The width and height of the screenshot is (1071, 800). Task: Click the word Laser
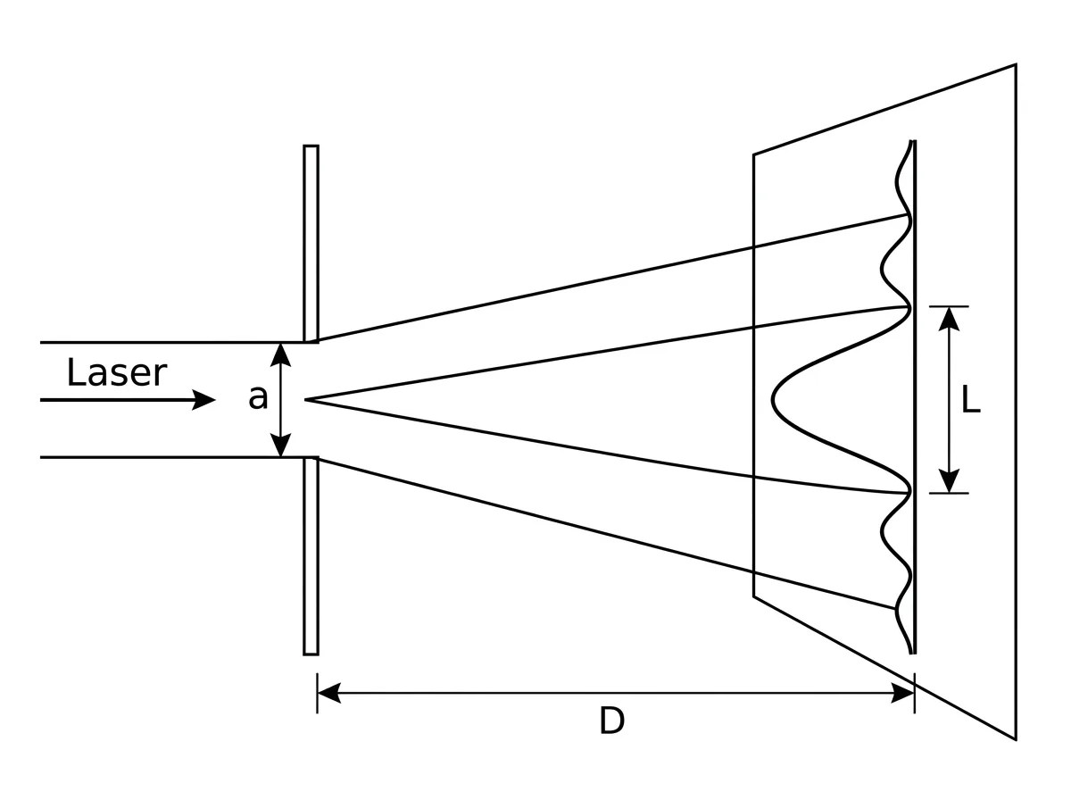point(117,373)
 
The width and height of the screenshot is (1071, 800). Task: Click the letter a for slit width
point(258,397)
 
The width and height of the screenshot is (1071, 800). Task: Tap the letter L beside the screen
point(970,400)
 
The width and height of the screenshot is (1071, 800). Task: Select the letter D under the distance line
point(611,721)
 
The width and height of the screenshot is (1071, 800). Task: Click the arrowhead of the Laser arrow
point(204,400)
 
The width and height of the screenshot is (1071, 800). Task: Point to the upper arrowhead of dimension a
point(280,354)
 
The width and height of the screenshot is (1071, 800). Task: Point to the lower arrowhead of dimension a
point(280,445)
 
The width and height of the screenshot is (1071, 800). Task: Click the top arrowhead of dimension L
point(949,319)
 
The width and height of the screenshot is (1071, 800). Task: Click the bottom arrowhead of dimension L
point(949,480)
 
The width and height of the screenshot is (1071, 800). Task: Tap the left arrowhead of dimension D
point(329,693)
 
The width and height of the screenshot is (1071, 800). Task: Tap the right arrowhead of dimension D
point(902,693)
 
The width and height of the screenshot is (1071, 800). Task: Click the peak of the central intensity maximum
point(773,400)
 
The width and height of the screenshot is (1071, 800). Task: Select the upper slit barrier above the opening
point(311,244)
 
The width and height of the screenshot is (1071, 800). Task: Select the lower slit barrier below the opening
point(311,556)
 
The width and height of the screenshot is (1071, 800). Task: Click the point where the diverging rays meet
point(306,400)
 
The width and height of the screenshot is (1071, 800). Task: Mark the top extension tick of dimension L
point(949,306)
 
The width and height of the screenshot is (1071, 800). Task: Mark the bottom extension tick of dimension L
point(949,493)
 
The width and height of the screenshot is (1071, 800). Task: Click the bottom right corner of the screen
point(1016,739)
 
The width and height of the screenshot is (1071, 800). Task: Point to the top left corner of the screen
point(754,155)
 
